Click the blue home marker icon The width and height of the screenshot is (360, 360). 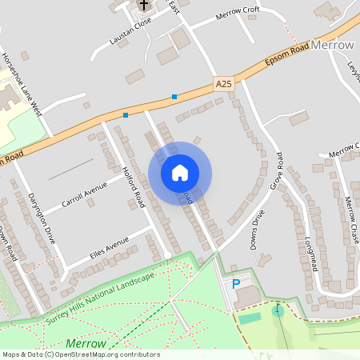tap(180, 173)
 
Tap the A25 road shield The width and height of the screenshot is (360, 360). tap(223, 83)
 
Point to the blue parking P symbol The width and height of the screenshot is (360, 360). tap(236, 284)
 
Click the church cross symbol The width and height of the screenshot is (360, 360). tap(143, 5)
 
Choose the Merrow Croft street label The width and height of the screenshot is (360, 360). tap(238, 17)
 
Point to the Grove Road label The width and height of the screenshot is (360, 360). tap(279, 170)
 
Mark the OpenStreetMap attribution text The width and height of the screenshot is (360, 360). tap(81, 354)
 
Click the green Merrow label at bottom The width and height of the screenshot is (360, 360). tap(86, 342)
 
